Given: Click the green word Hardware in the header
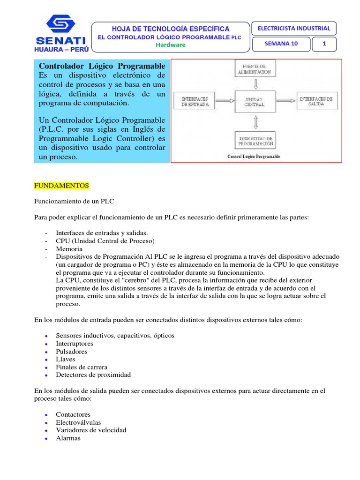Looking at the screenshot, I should tap(171, 45).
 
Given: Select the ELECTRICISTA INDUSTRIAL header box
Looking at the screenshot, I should tap(294, 28).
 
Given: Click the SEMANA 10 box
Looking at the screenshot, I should tap(281, 44).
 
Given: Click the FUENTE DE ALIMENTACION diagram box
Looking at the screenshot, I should tap(254, 69).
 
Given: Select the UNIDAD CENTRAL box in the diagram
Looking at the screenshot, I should tap(254, 101).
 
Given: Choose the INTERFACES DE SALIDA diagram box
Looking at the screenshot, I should tap(316, 101).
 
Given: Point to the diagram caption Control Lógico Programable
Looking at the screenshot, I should tap(254, 157).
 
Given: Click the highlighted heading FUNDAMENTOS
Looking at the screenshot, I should tap(61, 186).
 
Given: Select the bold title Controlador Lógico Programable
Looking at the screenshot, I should tap(102, 66).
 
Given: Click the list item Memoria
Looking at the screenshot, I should tap(69, 249).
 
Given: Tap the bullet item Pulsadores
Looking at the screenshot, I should tap(72, 352).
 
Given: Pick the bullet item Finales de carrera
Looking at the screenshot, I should tap(82, 367).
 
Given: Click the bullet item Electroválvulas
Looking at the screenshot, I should tap(78, 422).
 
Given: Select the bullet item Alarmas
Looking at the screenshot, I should tap(68, 438).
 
